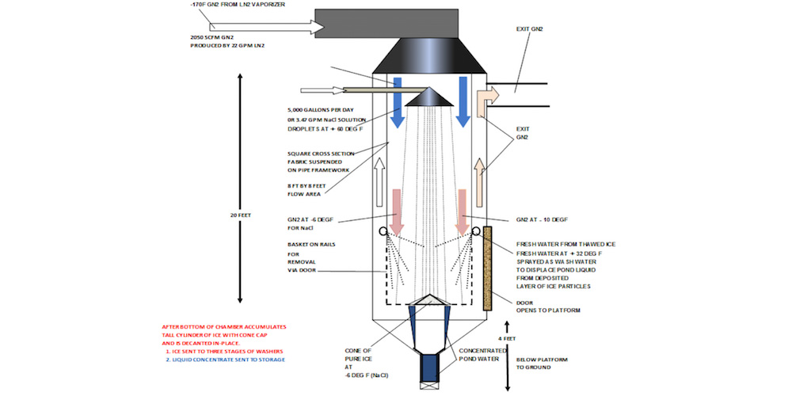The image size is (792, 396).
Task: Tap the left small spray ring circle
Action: tap(384, 232)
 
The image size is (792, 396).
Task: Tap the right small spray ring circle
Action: tap(477, 232)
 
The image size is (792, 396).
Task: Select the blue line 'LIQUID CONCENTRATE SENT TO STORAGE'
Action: tap(225, 359)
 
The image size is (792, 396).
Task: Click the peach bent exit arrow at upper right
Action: tap(485, 99)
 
